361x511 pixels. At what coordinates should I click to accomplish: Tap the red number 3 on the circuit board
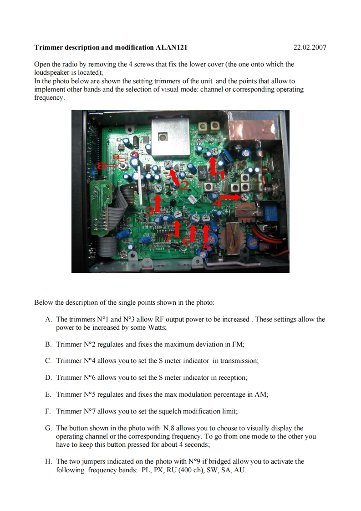coord(149,210)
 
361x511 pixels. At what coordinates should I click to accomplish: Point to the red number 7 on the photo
coord(168,237)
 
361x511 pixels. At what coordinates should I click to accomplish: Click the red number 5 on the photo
coord(206,247)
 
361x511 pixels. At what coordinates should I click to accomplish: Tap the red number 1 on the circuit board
coord(222,175)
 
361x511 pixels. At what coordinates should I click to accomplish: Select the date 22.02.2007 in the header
coord(310,47)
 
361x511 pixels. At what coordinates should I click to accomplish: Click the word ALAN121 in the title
coord(172,47)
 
